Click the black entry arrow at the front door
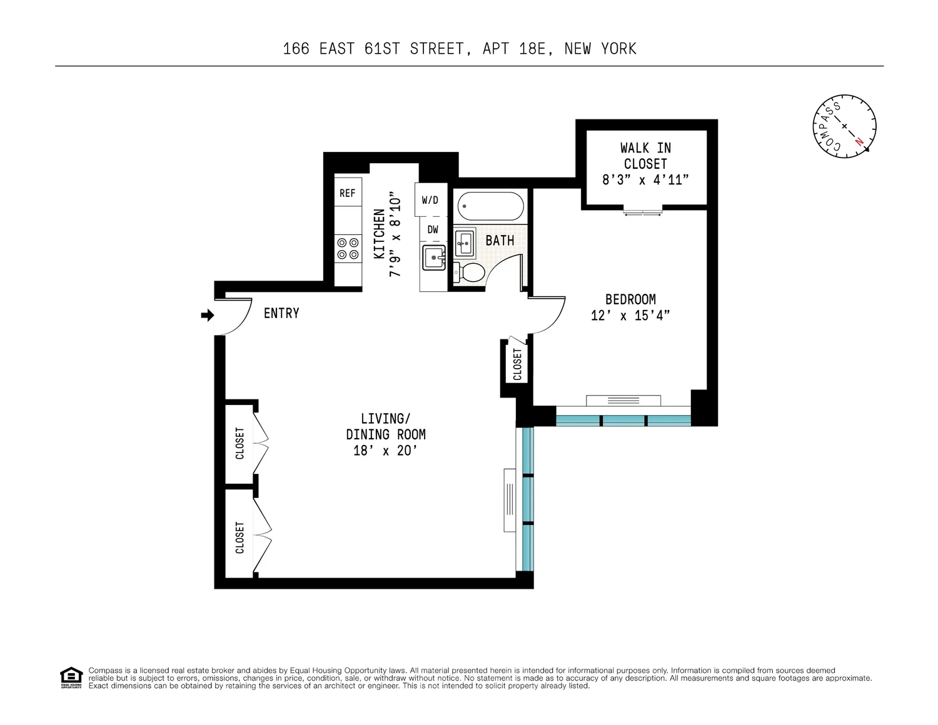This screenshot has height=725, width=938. (x=208, y=315)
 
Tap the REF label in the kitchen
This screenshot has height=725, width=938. (x=348, y=193)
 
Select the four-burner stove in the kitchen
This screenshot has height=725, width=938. (x=348, y=248)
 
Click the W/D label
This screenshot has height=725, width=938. (x=430, y=200)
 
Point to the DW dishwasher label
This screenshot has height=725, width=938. (x=433, y=229)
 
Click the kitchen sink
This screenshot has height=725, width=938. (x=434, y=257)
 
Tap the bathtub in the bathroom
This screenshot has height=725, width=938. (x=490, y=206)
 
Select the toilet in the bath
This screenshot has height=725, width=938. (x=469, y=272)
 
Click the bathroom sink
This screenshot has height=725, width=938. (x=465, y=243)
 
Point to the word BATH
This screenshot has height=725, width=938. (x=500, y=241)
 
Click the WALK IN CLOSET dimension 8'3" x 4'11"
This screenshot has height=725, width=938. (x=645, y=180)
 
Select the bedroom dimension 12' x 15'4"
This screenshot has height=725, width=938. (x=630, y=316)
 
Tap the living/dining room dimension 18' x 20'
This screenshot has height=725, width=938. (x=385, y=451)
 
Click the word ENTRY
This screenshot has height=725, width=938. (x=281, y=313)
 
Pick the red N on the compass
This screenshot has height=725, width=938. (x=859, y=141)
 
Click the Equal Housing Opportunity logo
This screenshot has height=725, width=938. (x=71, y=677)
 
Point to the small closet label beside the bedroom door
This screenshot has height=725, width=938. (x=517, y=364)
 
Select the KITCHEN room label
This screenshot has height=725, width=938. (x=379, y=234)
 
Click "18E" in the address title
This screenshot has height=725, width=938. (x=532, y=49)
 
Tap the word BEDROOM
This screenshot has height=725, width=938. (x=630, y=299)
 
